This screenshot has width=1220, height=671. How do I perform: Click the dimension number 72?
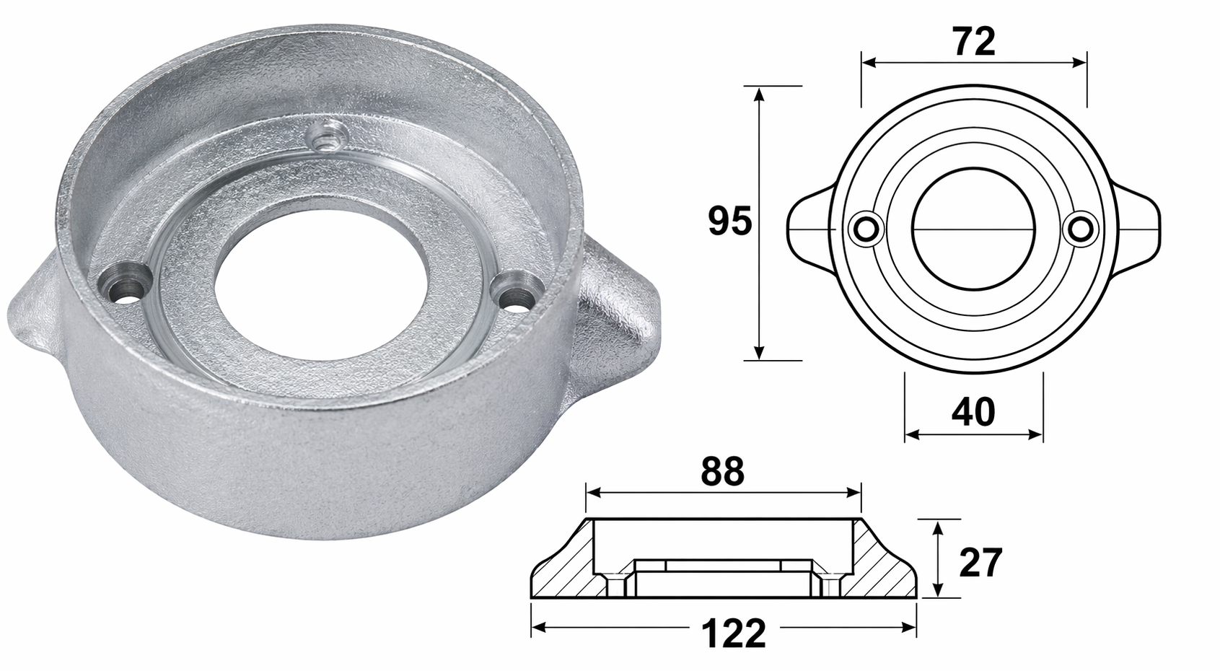coord(974,43)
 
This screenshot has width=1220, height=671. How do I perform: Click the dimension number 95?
coord(729,222)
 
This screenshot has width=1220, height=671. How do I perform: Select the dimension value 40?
coord(973,412)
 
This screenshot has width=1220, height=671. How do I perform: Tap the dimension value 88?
coord(722,473)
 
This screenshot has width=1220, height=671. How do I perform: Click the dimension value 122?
coord(733,634)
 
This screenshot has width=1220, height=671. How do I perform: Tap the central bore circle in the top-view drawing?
coord(973,231)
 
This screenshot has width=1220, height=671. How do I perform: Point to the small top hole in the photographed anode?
coord(322,136)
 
